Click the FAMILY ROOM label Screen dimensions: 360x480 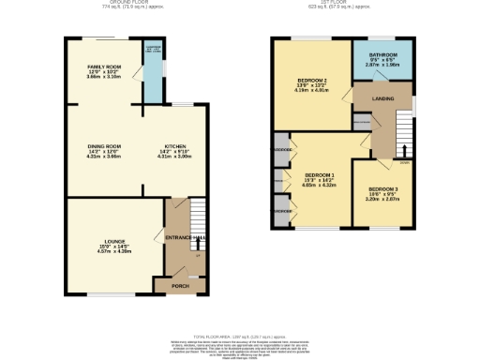[x=104, y=67]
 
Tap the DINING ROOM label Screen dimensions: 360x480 [x=105, y=146]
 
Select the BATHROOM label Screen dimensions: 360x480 [x=382, y=55]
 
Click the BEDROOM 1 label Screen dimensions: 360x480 [x=320, y=175]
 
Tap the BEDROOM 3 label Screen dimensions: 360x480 [x=382, y=189]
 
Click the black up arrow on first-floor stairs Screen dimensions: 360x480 [x=404, y=150]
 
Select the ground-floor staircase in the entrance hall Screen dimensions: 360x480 [x=195, y=225]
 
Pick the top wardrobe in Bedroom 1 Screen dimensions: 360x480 [x=280, y=149]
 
